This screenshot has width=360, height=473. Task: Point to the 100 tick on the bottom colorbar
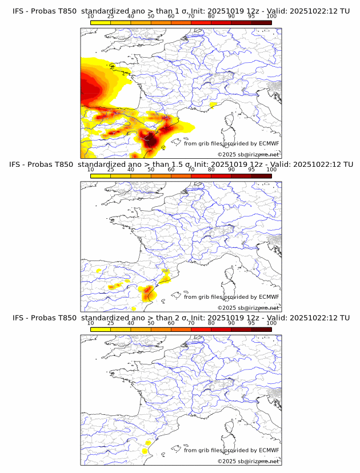[271, 323]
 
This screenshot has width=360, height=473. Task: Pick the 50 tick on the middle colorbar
[151, 169]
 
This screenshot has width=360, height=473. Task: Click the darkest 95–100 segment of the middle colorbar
[261, 176]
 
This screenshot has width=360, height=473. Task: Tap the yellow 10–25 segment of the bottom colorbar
[101, 330]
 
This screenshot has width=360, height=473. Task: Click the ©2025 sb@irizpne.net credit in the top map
[248, 154]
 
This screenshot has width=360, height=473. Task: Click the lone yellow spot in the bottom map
[145, 451]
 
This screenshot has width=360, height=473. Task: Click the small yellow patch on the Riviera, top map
[213, 105]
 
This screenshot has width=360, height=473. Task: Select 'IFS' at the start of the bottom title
[18, 318]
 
